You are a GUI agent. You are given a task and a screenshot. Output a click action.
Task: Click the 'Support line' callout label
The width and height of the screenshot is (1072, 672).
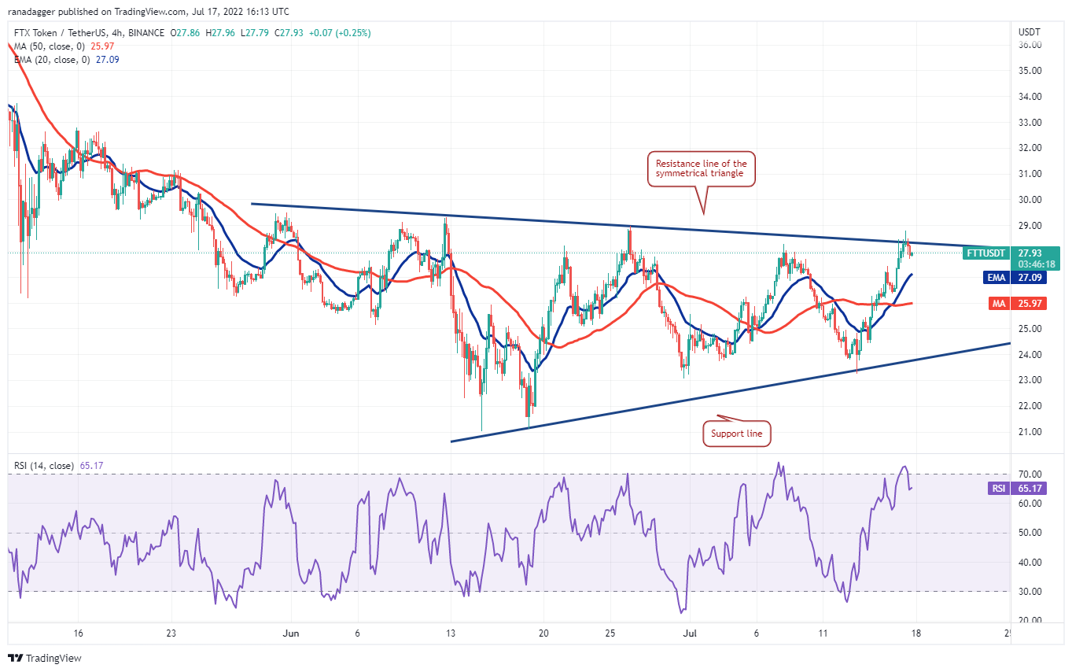(736, 433)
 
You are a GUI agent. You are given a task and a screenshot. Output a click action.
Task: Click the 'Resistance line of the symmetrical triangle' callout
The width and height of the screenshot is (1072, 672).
(701, 168)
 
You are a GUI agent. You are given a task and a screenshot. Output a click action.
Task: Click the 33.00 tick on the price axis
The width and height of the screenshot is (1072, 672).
(1029, 122)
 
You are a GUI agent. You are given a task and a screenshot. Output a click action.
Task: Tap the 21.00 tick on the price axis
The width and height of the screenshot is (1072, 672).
(1029, 432)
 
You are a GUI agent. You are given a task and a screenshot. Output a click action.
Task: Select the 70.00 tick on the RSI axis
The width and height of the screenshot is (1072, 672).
(1029, 474)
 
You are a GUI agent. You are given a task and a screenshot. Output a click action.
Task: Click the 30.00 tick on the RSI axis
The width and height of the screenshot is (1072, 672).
(1029, 592)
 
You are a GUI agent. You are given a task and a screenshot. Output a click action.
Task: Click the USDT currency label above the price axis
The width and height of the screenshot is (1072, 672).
(1029, 32)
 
